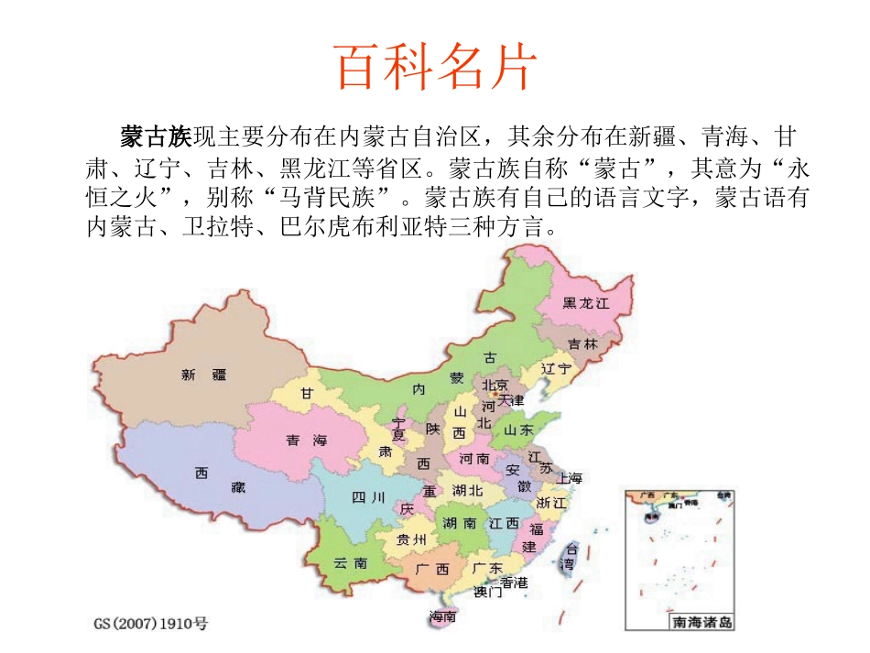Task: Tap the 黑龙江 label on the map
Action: click(x=586, y=303)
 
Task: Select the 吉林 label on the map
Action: click(x=582, y=344)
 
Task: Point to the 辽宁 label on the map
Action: click(x=556, y=368)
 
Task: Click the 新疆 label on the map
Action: click(x=203, y=374)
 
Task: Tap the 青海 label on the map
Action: click(x=306, y=441)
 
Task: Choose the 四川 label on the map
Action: click(x=369, y=497)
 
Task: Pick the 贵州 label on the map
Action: click(x=411, y=539)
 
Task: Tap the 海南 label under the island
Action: click(x=444, y=618)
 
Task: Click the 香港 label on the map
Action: click(x=514, y=582)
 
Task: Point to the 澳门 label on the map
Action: click(x=487, y=592)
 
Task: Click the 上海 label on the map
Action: click(x=568, y=477)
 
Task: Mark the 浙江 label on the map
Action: click(x=552, y=503)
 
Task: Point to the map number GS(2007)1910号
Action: click(x=151, y=625)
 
